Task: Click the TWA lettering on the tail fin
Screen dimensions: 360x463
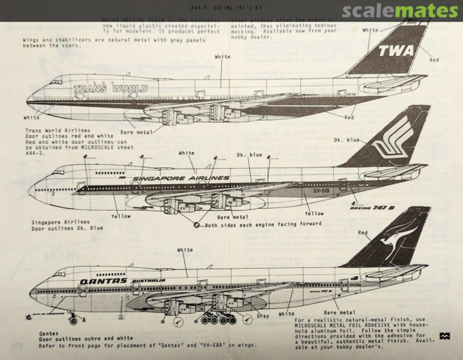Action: click(x=396, y=51)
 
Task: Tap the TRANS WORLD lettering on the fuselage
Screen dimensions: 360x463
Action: click(x=111, y=89)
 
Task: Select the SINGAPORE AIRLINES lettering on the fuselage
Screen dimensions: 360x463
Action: click(x=181, y=178)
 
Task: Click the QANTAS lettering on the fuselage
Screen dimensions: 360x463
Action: click(x=103, y=281)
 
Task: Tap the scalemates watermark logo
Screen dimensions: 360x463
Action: click(x=400, y=11)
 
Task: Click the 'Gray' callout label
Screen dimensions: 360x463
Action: click(x=263, y=316)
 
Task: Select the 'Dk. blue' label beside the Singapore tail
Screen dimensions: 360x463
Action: click(x=346, y=140)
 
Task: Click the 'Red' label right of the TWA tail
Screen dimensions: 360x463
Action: click(x=434, y=60)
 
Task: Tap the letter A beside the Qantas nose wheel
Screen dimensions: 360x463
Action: click(x=84, y=320)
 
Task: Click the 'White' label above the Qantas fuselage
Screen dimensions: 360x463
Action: click(x=185, y=250)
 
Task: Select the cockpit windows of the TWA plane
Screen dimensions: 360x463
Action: click(x=56, y=82)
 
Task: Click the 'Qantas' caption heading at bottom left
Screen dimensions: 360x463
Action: click(x=48, y=333)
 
